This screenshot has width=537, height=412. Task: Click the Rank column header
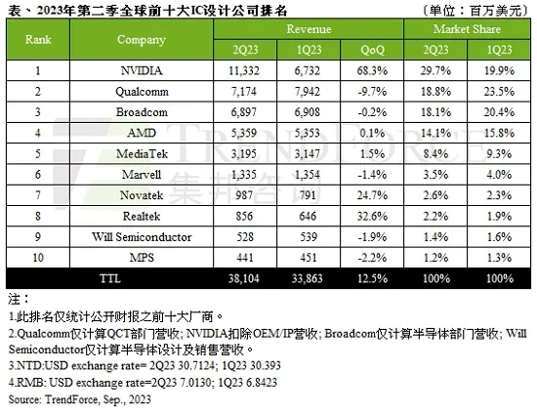38,39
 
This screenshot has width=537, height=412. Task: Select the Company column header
142,40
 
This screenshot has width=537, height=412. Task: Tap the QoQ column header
372,50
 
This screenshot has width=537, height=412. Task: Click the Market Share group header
467,29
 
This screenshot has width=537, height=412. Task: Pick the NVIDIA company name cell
142,71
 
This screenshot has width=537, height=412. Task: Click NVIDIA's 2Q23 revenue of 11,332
244,71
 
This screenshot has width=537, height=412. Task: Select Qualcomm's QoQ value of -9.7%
372,92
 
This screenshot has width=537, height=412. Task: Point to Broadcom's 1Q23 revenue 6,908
308,112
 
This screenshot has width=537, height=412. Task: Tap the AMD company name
142,133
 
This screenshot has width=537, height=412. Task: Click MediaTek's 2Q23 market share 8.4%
435,154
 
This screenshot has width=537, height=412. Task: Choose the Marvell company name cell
142,175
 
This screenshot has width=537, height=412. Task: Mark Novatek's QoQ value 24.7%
372,195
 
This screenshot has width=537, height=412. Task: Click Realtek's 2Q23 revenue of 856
244,217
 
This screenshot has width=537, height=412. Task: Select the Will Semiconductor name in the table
142,237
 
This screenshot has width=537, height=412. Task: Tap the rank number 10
38,258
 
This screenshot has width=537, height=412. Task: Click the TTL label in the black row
110,278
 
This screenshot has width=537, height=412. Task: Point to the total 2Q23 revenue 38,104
244,278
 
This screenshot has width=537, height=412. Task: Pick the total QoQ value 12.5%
372,278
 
